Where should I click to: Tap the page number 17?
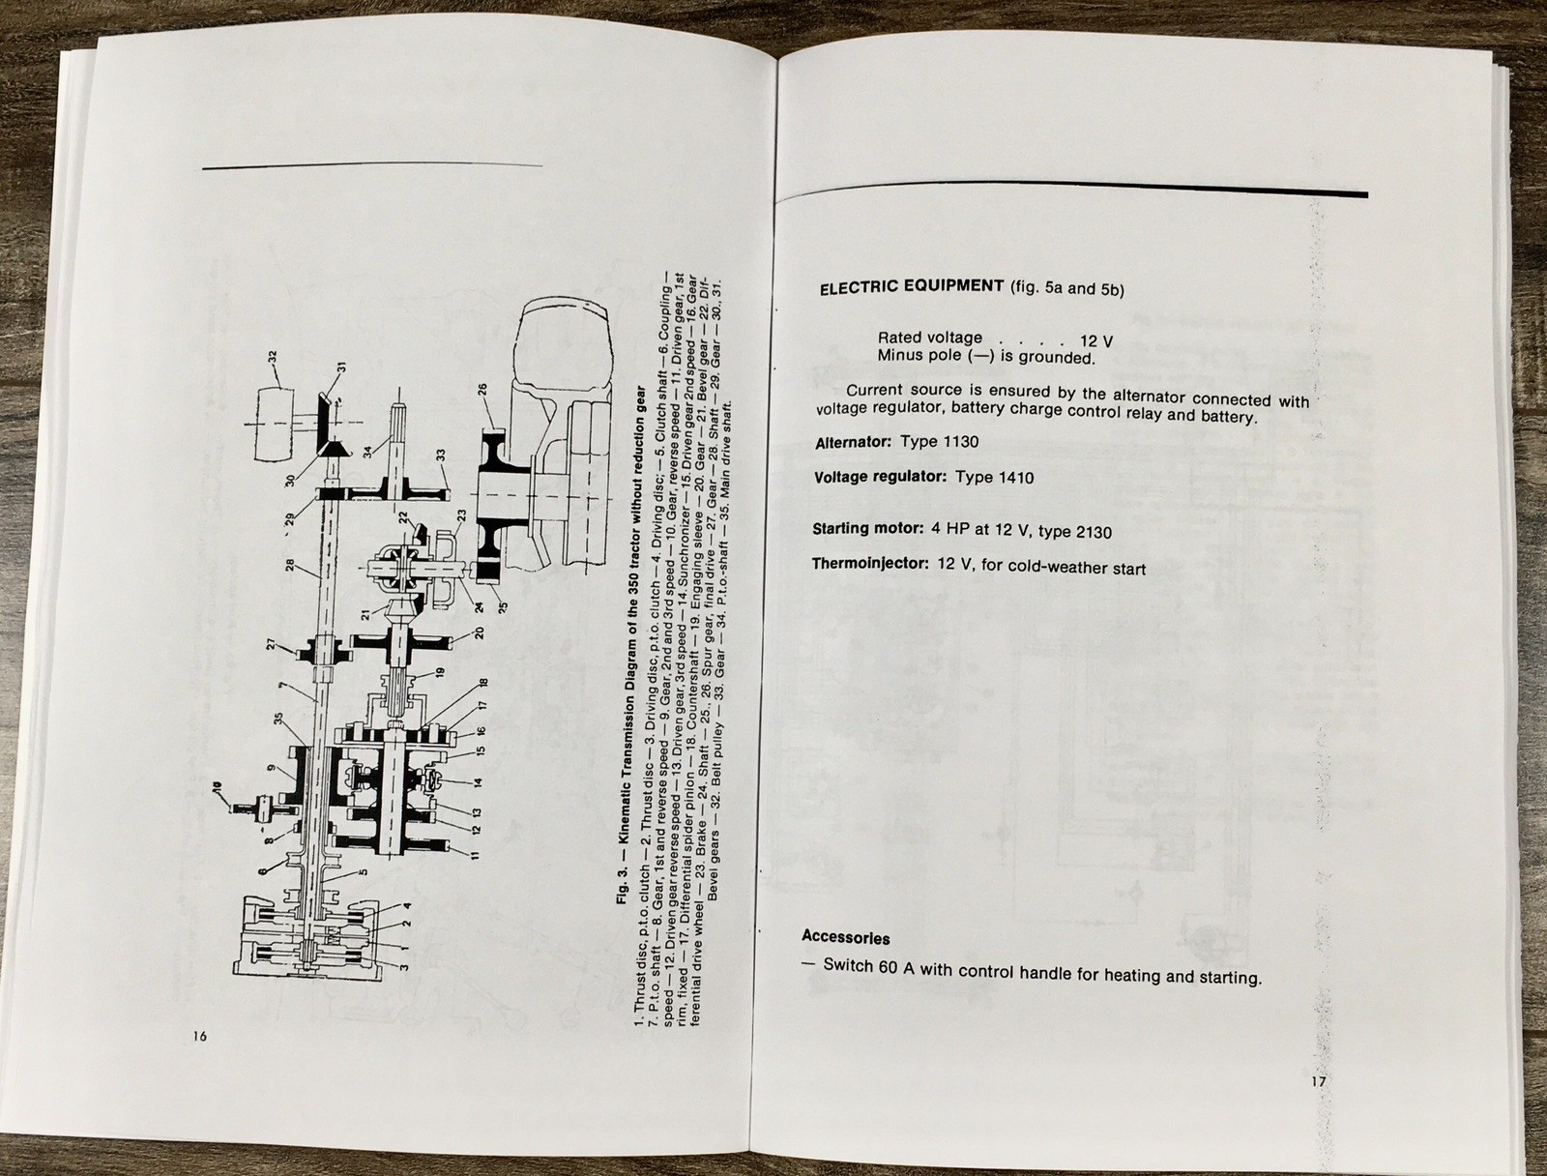click(1319, 1082)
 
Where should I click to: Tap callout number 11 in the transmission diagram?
click(475, 855)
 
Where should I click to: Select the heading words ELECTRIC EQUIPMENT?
click(911, 286)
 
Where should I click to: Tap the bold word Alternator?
click(854, 442)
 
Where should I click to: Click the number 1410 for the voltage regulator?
click(1013, 478)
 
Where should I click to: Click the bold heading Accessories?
click(845, 937)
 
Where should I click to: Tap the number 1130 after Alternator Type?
click(959, 442)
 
